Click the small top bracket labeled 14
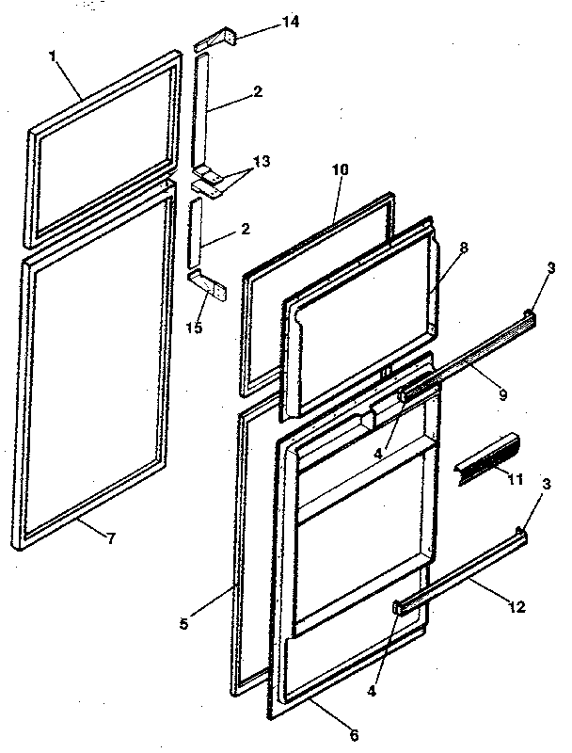pos(216,41)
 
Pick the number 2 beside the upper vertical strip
pos(258,91)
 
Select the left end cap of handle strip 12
pos(401,607)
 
